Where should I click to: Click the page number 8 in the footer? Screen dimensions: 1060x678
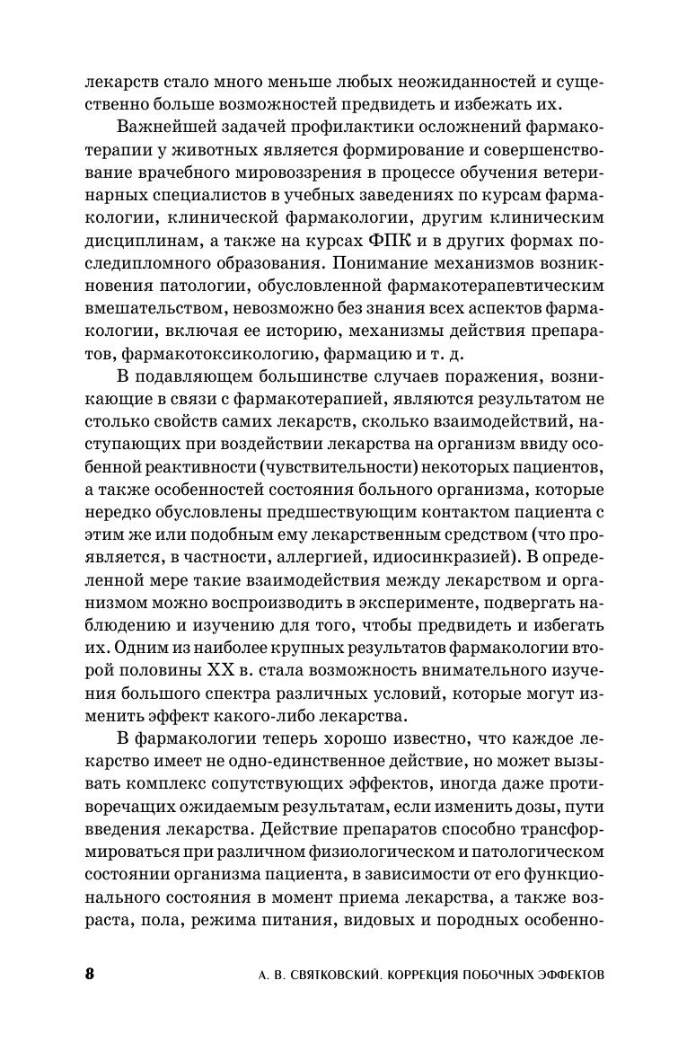click(x=88, y=975)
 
